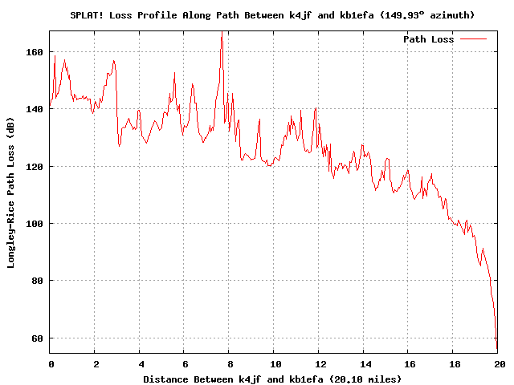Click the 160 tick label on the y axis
pyautogui.click(x=35, y=51)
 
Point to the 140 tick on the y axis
pyautogui.click(x=35, y=108)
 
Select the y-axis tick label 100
pyautogui.click(x=35, y=223)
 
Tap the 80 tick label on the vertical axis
pyautogui.click(x=37, y=281)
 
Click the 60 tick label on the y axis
pyautogui.click(x=37, y=338)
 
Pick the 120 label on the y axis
pyautogui.click(x=35, y=166)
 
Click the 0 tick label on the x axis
pyautogui.click(x=50, y=363)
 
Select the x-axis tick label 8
pyautogui.click(x=229, y=363)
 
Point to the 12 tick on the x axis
pyautogui.click(x=319, y=363)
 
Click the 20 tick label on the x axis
pyautogui.click(x=498, y=363)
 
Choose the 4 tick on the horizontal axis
pyautogui.click(x=140, y=363)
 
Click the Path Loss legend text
pyautogui.click(x=428, y=39)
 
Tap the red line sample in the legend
pyautogui.click(x=474, y=38)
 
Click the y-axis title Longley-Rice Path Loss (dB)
pyautogui.click(x=11, y=192)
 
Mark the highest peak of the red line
pyautogui.click(x=222, y=32)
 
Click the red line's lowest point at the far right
pyautogui.click(x=497, y=349)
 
